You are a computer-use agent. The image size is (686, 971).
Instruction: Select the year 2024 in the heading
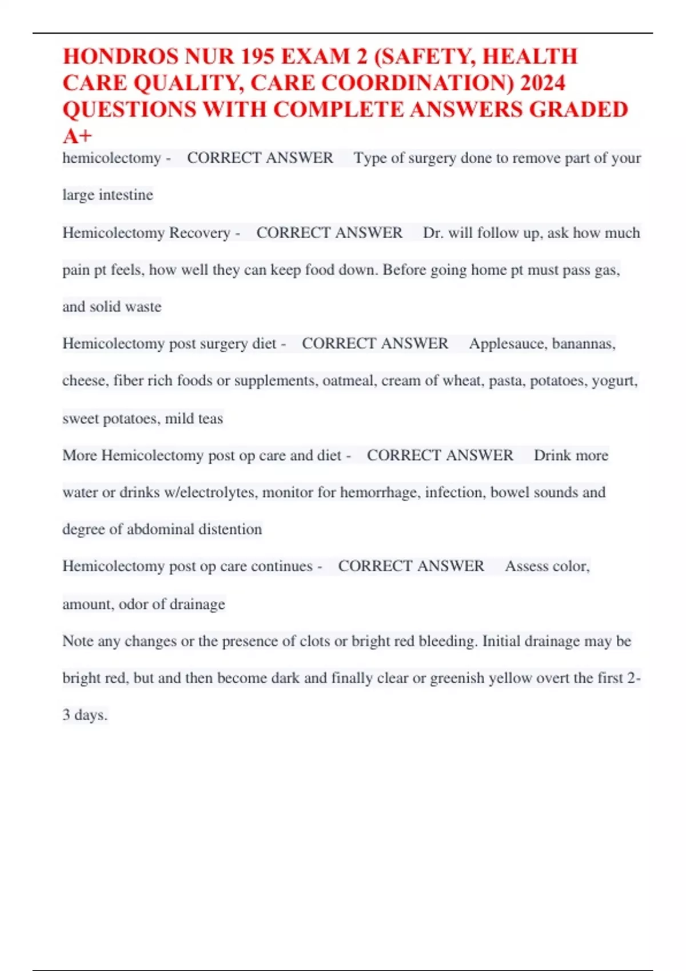pyautogui.click(x=543, y=83)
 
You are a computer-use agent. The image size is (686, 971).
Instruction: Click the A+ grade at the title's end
pyautogui.click(x=77, y=136)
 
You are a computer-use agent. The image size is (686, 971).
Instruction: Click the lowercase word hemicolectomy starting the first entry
pyautogui.click(x=111, y=158)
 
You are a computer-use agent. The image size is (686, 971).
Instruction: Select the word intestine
pyautogui.click(x=126, y=195)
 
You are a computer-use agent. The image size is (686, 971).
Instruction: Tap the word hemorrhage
pyautogui.click(x=378, y=492)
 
